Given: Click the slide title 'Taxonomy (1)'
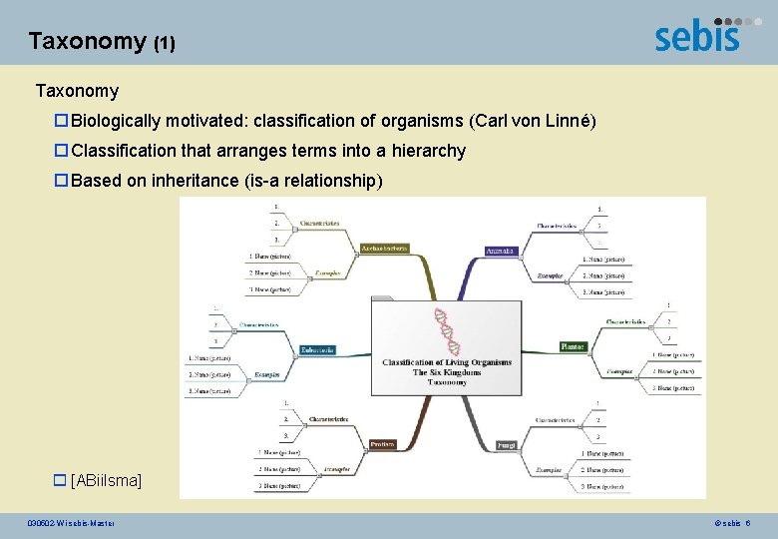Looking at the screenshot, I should point(102,41).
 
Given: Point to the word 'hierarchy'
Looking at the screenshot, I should point(428,151).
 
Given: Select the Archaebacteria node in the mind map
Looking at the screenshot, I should point(384,248).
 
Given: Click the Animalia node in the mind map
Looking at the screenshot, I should point(500,251).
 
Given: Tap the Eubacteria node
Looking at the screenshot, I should point(317,349).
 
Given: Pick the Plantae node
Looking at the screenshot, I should point(573,346).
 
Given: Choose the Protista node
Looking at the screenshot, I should point(382,444).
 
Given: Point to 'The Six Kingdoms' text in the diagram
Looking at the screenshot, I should point(447,372).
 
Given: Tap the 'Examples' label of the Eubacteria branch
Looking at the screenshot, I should point(264,374).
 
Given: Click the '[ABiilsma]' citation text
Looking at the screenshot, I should point(107,481).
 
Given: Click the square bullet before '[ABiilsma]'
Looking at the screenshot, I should point(62,481).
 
